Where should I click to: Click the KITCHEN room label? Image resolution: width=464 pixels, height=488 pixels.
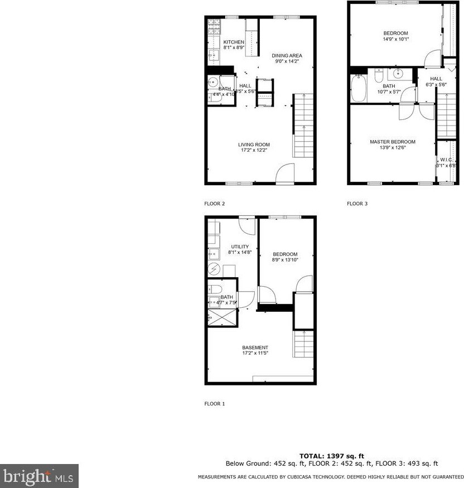point(234,42)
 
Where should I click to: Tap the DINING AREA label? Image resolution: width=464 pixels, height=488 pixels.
point(287,55)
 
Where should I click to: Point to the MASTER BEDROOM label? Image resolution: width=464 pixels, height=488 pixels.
point(393,142)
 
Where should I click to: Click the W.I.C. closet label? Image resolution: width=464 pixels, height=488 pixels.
point(446,160)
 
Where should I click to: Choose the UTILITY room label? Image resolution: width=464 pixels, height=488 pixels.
point(240,246)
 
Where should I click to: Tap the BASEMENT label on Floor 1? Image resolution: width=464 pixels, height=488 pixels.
point(255,347)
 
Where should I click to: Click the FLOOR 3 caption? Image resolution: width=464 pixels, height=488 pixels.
point(357,204)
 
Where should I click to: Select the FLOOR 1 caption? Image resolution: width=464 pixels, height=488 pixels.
point(215,404)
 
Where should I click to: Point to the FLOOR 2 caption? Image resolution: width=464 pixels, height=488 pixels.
point(215,204)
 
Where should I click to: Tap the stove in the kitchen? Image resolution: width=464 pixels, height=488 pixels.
point(215,26)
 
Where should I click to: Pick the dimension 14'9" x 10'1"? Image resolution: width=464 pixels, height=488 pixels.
point(395,39)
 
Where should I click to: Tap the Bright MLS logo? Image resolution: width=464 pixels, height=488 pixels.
point(39,476)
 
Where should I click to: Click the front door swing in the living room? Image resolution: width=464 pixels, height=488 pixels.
point(285,173)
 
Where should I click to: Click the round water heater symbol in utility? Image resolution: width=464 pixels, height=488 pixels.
point(215,269)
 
